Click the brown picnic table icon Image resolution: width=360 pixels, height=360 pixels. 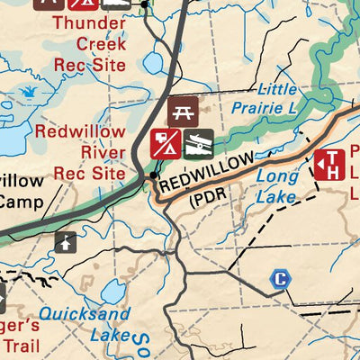click(x=183, y=112)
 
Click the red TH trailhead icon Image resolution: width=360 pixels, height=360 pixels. click(x=329, y=164)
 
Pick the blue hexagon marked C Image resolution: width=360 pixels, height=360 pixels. click(x=280, y=280)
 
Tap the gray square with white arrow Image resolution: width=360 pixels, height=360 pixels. click(x=66, y=241)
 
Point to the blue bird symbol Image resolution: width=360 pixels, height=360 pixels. click(x=29, y=91)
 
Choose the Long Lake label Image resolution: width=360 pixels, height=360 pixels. click(x=276, y=185)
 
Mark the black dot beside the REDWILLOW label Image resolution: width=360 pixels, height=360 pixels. click(x=154, y=175)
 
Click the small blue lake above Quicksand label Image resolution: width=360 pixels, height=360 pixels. click(x=113, y=292)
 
